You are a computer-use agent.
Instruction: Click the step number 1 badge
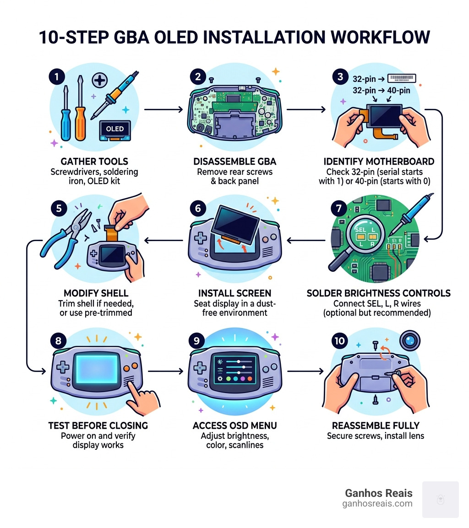(57, 77)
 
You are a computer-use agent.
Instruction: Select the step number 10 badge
(340, 341)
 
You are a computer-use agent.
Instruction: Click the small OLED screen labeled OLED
(115, 129)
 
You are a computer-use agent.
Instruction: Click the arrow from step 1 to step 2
(163, 110)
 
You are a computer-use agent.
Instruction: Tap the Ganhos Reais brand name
(378, 493)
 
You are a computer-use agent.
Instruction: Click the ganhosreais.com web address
(377, 504)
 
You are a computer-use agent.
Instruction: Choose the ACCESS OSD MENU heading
(234, 426)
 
